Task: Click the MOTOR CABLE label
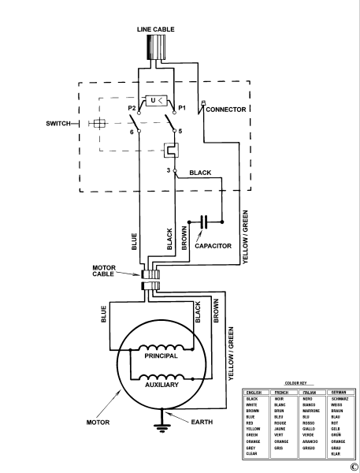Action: [x=109, y=270]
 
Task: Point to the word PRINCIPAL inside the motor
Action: [x=161, y=356]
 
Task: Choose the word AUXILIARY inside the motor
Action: [x=161, y=385]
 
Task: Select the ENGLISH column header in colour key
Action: [x=254, y=392]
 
